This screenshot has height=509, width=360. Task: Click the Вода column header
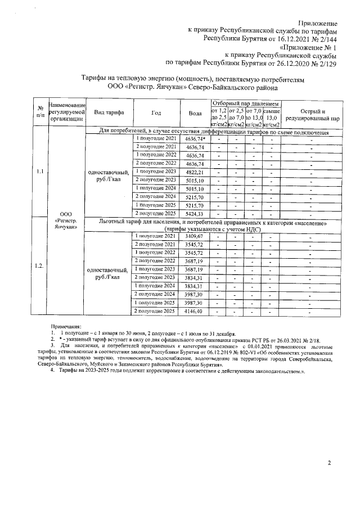[x=195, y=113]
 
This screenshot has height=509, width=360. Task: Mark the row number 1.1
[x=40, y=172]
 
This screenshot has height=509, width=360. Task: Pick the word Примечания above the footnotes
[x=66, y=326]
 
